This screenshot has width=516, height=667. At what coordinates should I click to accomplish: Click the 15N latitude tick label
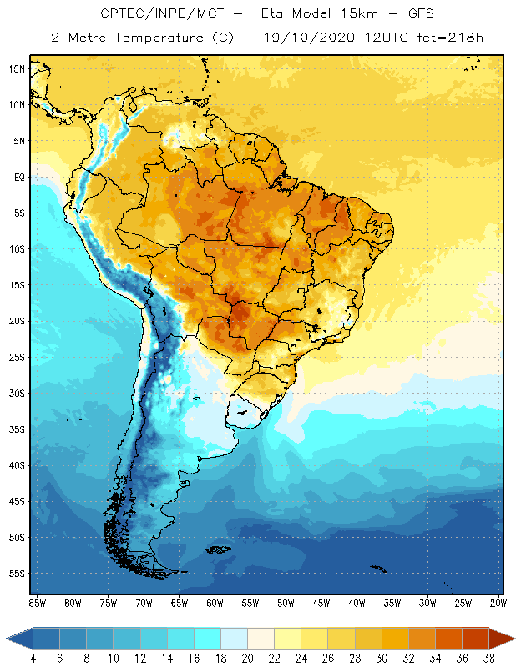[17, 69]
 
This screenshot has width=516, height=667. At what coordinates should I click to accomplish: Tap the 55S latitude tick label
[17, 574]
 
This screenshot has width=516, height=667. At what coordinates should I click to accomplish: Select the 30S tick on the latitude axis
[17, 394]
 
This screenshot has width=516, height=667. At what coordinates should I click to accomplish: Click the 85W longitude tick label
[38, 603]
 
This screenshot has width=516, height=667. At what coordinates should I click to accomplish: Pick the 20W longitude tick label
[498, 603]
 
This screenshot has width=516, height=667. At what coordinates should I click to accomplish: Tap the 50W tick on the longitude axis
[286, 603]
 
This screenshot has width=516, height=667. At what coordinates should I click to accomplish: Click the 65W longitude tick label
[180, 603]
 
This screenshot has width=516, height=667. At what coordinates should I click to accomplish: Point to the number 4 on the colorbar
[33, 658]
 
